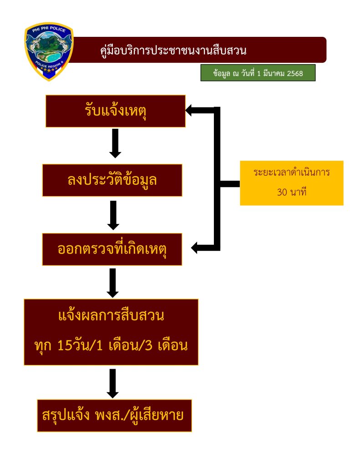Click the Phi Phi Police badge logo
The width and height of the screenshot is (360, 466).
coord(48,51)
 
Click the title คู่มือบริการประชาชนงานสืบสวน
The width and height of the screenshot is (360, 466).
coord(173,50)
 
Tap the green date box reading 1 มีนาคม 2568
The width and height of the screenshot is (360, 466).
coord(258,73)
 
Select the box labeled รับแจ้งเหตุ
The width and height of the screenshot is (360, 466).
coord(115,111)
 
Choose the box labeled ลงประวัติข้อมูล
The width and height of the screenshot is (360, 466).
coord(112,180)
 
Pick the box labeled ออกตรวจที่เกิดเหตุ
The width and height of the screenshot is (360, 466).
coord(112,249)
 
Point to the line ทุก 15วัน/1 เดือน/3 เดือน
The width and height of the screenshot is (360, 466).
coord(111,346)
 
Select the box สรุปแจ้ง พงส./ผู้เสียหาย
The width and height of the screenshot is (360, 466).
coord(114,415)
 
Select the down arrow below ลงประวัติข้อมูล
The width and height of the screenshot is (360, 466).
coord(113,215)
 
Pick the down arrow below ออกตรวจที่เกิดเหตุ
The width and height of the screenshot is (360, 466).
coord(113,283)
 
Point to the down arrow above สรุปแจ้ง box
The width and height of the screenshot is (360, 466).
coord(113,384)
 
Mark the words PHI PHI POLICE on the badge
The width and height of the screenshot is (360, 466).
coord(48,30)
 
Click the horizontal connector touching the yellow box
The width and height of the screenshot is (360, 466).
coord(230,183)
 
